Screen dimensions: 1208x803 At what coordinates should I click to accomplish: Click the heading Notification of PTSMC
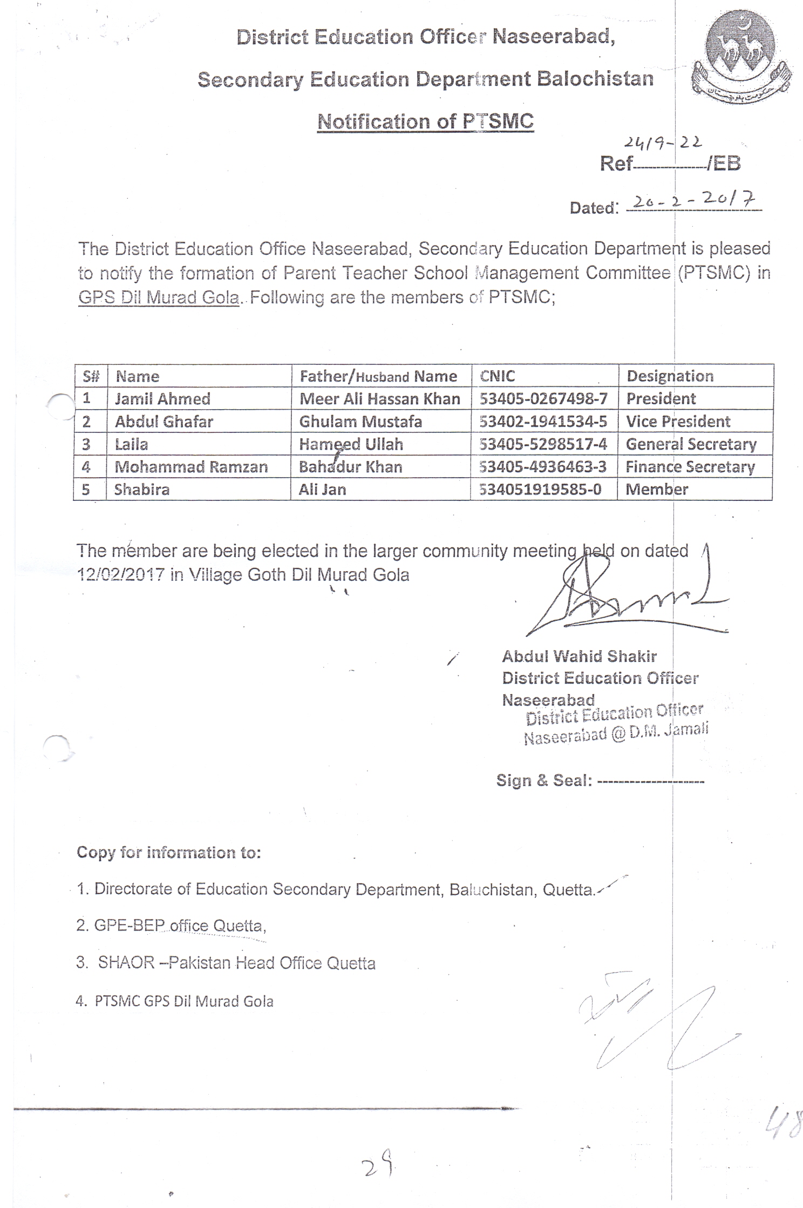(x=425, y=121)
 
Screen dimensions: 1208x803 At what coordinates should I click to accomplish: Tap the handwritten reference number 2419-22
(x=663, y=142)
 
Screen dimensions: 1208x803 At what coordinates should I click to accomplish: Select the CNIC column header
(x=498, y=376)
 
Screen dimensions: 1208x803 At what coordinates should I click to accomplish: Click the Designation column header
(x=670, y=376)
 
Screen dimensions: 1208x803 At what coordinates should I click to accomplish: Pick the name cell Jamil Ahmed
(x=162, y=399)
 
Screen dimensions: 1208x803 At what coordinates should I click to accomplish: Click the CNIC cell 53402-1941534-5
(x=543, y=422)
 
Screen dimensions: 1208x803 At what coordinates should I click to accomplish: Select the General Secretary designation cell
(x=691, y=444)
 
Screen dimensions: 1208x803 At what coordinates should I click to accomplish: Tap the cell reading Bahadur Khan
(x=351, y=467)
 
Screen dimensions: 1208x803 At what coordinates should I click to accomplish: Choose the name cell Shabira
(x=142, y=490)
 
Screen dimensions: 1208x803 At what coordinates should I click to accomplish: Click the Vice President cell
(x=678, y=422)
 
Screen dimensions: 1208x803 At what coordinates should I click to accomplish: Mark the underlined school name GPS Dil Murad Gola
(x=159, y=298)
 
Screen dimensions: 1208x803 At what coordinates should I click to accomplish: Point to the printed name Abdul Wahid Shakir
(x=579, y=656)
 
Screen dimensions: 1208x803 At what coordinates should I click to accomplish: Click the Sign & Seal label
(x=544, y=781)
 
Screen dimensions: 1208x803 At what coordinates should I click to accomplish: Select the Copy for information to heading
(x=168, y=852)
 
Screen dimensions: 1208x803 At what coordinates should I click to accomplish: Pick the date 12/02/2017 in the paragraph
(x=120, y=575)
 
